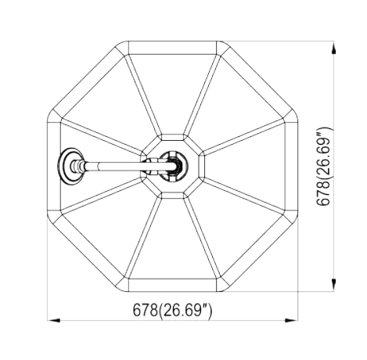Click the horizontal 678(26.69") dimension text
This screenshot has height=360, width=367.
coord(173,310)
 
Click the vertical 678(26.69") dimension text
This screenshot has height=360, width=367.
coord(324,166)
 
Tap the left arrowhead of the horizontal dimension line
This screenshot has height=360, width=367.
coord(54,320)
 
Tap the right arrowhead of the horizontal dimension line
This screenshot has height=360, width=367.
coord(291,320)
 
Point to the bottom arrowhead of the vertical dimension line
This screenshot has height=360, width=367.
coord(333,285)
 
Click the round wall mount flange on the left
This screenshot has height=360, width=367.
coord(71,166)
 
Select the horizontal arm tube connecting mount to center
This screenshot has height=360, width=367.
coord(123,166)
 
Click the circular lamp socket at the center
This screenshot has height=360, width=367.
coord(173,166)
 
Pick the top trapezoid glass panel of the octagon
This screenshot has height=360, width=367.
coord(172,94)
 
